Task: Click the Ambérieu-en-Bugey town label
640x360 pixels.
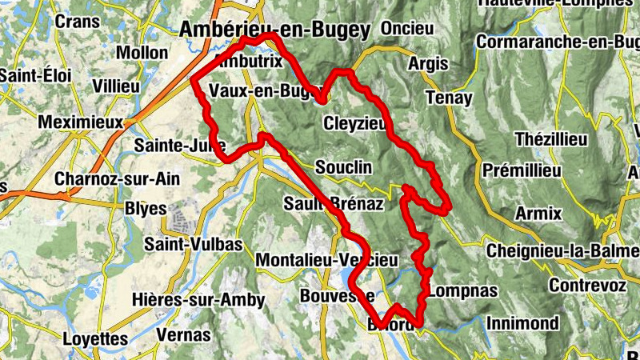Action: [276, 30]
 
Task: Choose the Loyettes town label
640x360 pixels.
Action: [95, 338]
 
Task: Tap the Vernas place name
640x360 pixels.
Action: [185, 335]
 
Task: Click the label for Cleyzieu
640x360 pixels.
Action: [354, 123]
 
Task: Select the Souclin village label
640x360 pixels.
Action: [344, 168]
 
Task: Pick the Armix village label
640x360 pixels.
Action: [538, 214]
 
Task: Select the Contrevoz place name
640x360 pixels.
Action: [588, 284]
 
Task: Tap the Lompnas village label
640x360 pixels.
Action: [462, 290]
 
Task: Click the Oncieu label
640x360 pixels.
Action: [407, 28]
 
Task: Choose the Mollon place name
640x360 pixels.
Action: [142, 53]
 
